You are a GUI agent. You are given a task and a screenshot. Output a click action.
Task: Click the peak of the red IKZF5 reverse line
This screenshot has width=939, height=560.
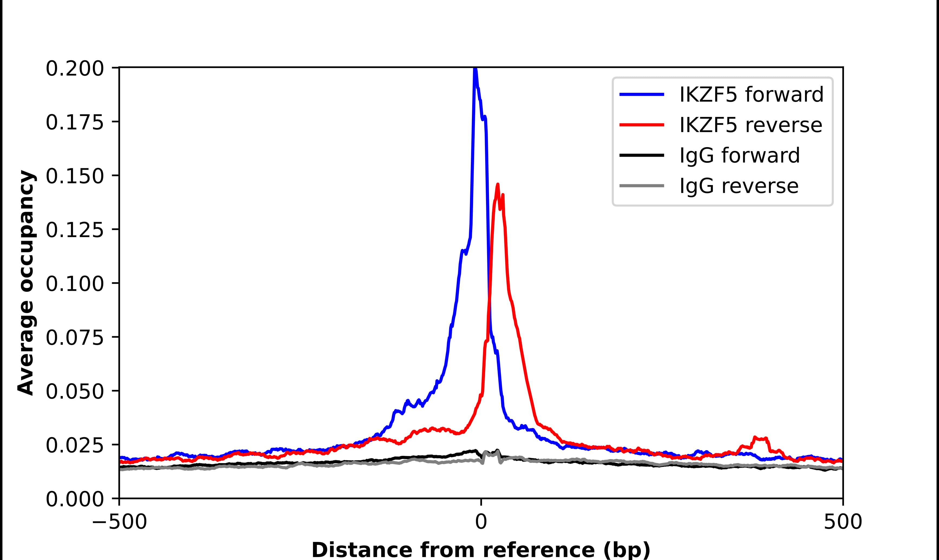point(498,185)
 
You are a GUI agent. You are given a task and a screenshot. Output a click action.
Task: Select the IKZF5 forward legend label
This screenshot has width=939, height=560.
point(751,94)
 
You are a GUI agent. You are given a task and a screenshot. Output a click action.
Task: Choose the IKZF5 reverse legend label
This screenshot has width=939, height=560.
point(750,125)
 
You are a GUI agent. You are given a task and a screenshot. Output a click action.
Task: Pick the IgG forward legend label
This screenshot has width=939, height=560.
point(739,156)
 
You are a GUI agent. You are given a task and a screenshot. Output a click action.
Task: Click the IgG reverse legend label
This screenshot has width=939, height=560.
point(739,186)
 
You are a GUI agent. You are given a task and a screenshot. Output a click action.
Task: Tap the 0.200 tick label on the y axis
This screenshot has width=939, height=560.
point(74,69)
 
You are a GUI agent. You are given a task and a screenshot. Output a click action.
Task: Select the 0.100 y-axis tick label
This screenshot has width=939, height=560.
point(74,284)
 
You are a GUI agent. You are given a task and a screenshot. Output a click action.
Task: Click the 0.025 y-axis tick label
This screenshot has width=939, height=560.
point(74,445)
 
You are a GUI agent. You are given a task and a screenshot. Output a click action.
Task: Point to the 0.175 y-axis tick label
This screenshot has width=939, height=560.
point(74,123)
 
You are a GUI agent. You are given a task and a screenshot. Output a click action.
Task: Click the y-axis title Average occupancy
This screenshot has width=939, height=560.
point(27,283)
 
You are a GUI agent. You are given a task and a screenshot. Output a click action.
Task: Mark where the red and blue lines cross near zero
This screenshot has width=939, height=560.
point(489,302)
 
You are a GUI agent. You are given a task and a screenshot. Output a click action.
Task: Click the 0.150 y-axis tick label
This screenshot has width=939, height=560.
point(74,176)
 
